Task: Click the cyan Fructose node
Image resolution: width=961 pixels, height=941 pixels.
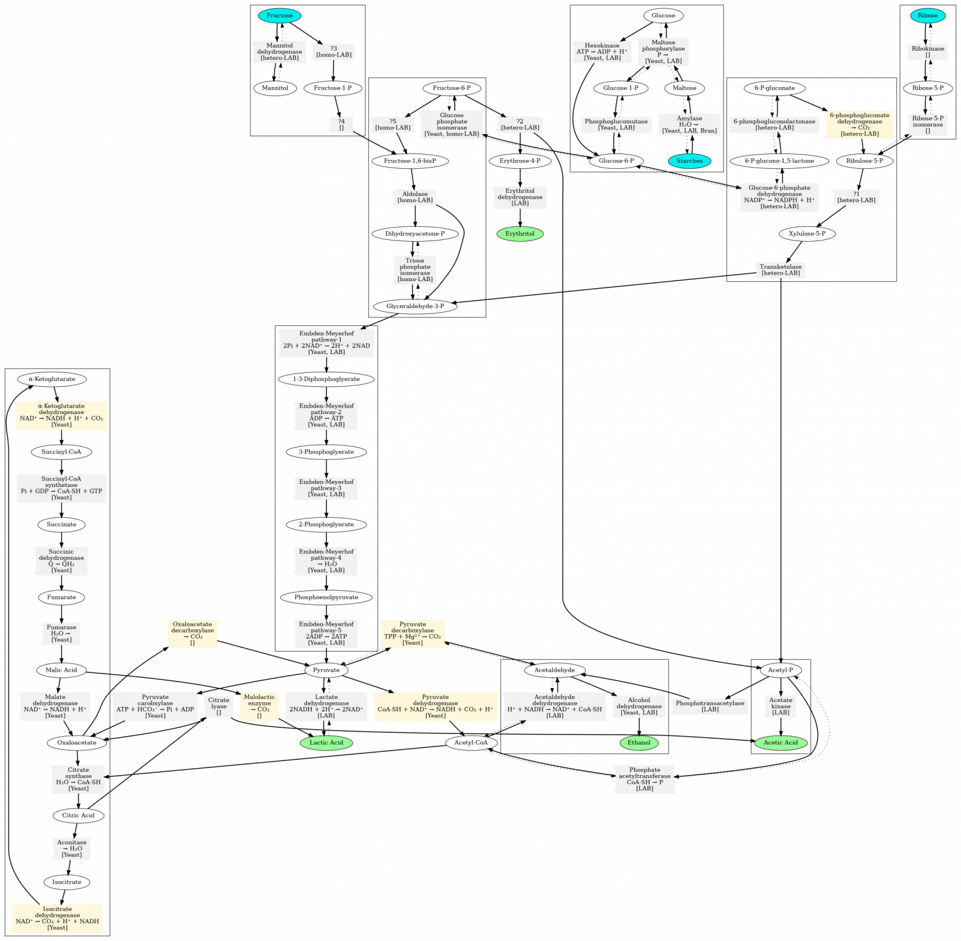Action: coord(279,15)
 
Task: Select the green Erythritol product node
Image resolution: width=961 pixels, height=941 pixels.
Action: coord(520,233)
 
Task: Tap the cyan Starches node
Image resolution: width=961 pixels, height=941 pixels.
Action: coord(689,161)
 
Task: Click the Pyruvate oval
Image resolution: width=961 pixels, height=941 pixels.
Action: coord(326,670)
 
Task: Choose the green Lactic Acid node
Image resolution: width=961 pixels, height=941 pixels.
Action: coord(326,742)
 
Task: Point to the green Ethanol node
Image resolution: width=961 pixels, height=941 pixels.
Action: coord(639,742)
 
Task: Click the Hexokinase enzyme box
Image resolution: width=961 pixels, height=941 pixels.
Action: coord(602,52)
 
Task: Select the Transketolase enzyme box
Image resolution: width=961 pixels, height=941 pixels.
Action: coord(780,270)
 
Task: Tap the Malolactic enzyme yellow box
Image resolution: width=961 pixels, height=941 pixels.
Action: coord(259,706)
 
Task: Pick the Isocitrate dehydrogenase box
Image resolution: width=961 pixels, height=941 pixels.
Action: coord(57,919)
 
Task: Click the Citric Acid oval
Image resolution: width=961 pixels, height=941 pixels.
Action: coord(78,815)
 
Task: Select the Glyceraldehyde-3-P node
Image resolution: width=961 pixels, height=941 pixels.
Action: coord(415,306)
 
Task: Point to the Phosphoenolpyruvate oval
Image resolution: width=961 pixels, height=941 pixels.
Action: coord(326,597)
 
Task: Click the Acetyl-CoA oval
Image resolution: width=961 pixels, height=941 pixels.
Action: coord(471,742)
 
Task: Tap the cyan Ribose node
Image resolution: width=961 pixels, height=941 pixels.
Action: coord(927,15)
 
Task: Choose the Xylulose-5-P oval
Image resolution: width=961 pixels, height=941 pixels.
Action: coord(807,233)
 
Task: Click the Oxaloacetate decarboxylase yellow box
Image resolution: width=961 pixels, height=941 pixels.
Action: coord(192,633)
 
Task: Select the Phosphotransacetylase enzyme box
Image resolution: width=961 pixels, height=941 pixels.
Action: coord(710,706)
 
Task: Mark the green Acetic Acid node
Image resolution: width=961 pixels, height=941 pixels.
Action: coord(780,742)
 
